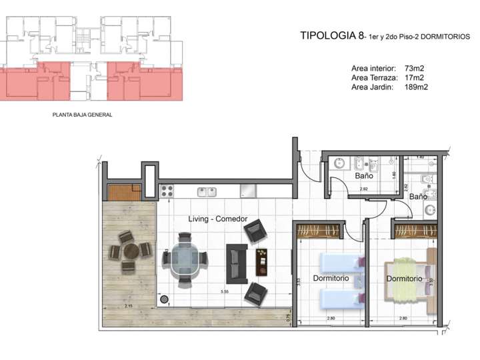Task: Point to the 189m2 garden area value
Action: [x=416, y=87]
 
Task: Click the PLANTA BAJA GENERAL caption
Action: [x=82, y=115]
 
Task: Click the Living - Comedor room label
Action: [x=218, y=219]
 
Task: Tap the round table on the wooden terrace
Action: [x=130, y=251]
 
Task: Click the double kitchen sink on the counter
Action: [x=206, y=192]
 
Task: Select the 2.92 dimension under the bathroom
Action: [x=363, y=189]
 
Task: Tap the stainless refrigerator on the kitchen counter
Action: [x=248, y=191]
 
